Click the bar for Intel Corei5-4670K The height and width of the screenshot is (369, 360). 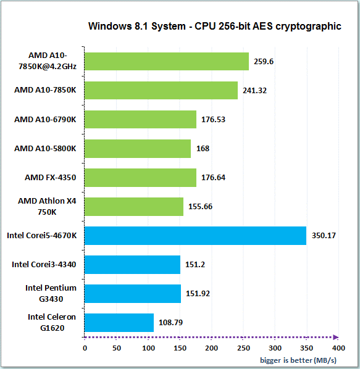195,236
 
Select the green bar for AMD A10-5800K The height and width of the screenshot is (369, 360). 138,149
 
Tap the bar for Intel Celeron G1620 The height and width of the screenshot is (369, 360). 119,323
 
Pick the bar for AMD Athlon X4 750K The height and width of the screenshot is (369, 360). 134,207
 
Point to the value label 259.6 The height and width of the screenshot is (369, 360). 264,62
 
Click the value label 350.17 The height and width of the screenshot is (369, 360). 324,236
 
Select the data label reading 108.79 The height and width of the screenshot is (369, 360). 170,322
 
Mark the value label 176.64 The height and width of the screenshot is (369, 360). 213,178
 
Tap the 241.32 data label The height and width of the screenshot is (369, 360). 255,91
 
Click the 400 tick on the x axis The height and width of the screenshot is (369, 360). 338,348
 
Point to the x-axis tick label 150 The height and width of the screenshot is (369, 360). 180,348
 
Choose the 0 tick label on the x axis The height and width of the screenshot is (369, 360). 85,348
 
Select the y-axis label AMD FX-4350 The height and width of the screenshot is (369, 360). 51,178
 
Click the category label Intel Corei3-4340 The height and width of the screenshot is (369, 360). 44,265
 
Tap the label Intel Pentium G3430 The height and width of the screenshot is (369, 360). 51,294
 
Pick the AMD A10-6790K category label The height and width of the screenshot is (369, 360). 45,120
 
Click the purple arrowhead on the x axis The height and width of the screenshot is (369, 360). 336,338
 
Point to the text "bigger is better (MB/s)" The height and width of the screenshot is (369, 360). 298,360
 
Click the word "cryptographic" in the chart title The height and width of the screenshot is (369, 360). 308,27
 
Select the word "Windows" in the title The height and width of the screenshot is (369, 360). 110,26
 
